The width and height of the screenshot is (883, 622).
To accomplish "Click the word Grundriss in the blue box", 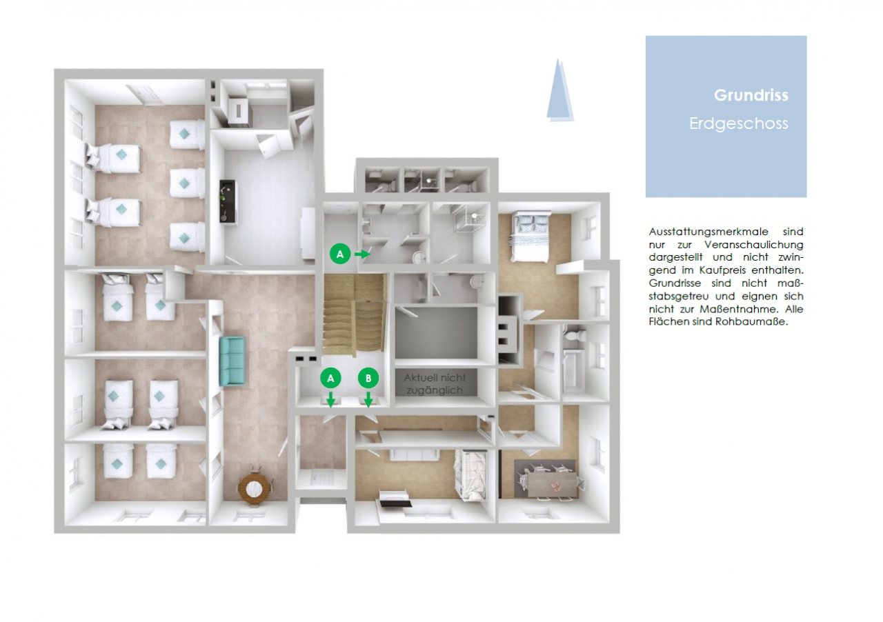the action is tap(751, 95).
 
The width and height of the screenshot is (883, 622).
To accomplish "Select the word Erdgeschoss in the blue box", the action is tap(738, 123).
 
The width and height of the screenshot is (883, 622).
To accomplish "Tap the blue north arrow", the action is tap(559, 90).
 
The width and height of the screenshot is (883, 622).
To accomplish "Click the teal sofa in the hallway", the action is tap(232, 361).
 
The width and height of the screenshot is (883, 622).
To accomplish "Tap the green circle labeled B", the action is tap(368, 379).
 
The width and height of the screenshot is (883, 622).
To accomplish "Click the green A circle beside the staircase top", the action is tap(340, 254).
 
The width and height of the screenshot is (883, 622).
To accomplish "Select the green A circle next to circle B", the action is tap(330, 379).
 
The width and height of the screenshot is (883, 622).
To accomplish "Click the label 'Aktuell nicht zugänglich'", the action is tap(435, 384).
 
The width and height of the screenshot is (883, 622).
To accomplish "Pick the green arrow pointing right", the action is tap(362, 254).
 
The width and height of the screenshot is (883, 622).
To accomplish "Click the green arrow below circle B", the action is tap(368, 399).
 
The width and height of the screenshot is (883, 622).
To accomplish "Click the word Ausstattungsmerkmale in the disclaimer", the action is tap(708, 232).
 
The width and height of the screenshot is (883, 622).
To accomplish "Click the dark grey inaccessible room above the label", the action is tap(437, 333).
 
